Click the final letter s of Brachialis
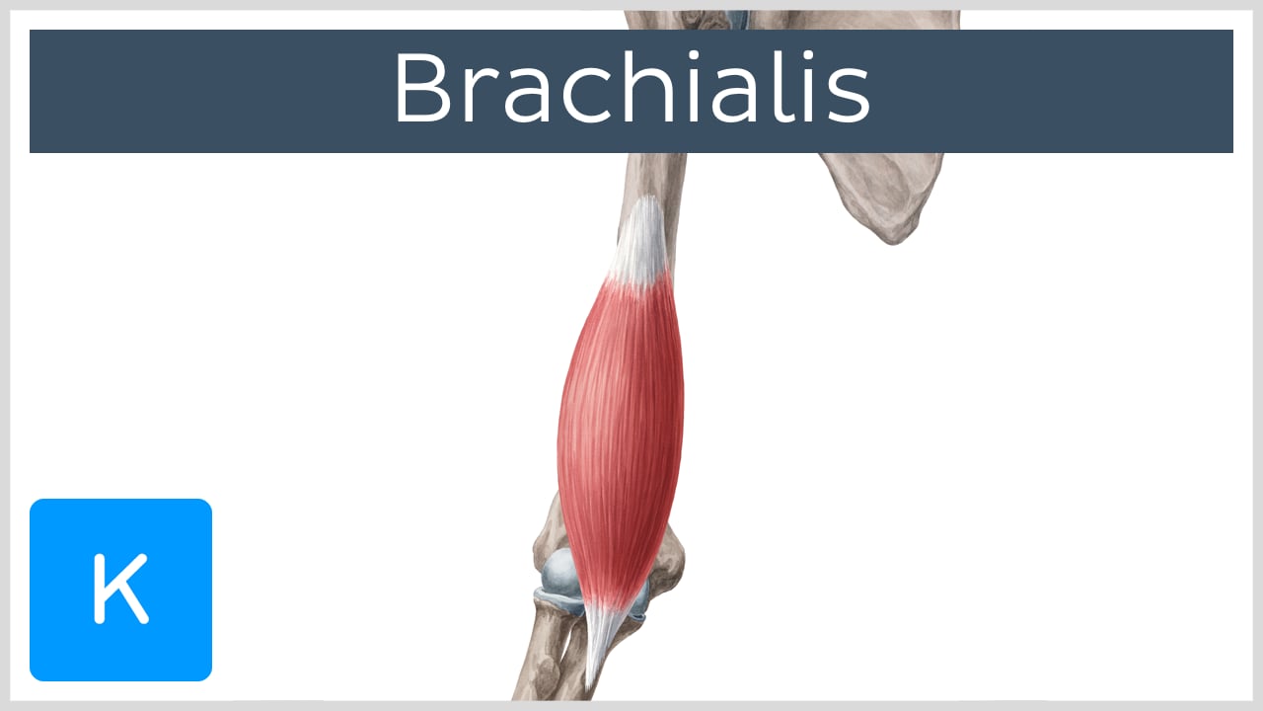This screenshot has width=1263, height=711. pos(848,97)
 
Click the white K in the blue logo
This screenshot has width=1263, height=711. pos(120,590)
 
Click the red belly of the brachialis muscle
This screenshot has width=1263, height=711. pos(620,425)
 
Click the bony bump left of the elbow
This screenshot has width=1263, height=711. pos(545,538)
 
